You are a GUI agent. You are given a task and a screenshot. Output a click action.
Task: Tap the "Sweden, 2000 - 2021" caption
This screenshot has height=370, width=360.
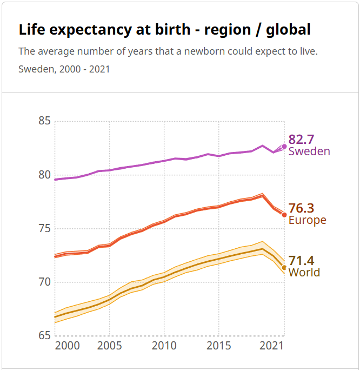[64, 69]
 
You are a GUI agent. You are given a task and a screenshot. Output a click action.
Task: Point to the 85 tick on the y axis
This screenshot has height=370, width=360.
[45, 121]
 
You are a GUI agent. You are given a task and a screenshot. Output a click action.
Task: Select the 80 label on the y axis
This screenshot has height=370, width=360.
[45, 175]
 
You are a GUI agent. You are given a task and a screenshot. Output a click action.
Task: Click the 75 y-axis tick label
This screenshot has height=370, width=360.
[45, 228]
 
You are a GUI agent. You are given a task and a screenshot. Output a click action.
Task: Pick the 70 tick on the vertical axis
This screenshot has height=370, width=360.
[45, 282]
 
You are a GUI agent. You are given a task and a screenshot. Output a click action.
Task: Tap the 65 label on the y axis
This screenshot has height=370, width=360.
[45, 335]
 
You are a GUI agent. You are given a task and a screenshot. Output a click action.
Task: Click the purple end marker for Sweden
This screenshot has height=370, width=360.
[284, 147]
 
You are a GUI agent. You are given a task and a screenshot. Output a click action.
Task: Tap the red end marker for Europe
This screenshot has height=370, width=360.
[284, 215]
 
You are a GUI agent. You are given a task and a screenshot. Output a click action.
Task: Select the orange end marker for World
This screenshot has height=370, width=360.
[284, 267]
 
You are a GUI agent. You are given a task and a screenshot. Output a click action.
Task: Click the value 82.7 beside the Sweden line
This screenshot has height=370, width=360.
[301, 140]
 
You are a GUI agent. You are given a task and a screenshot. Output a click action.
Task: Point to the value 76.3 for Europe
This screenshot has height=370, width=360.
[301, 208]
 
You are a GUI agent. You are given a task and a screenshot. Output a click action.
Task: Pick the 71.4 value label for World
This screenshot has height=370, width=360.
[301, 261]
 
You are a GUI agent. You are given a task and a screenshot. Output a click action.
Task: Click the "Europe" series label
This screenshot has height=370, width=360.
[308, 220]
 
